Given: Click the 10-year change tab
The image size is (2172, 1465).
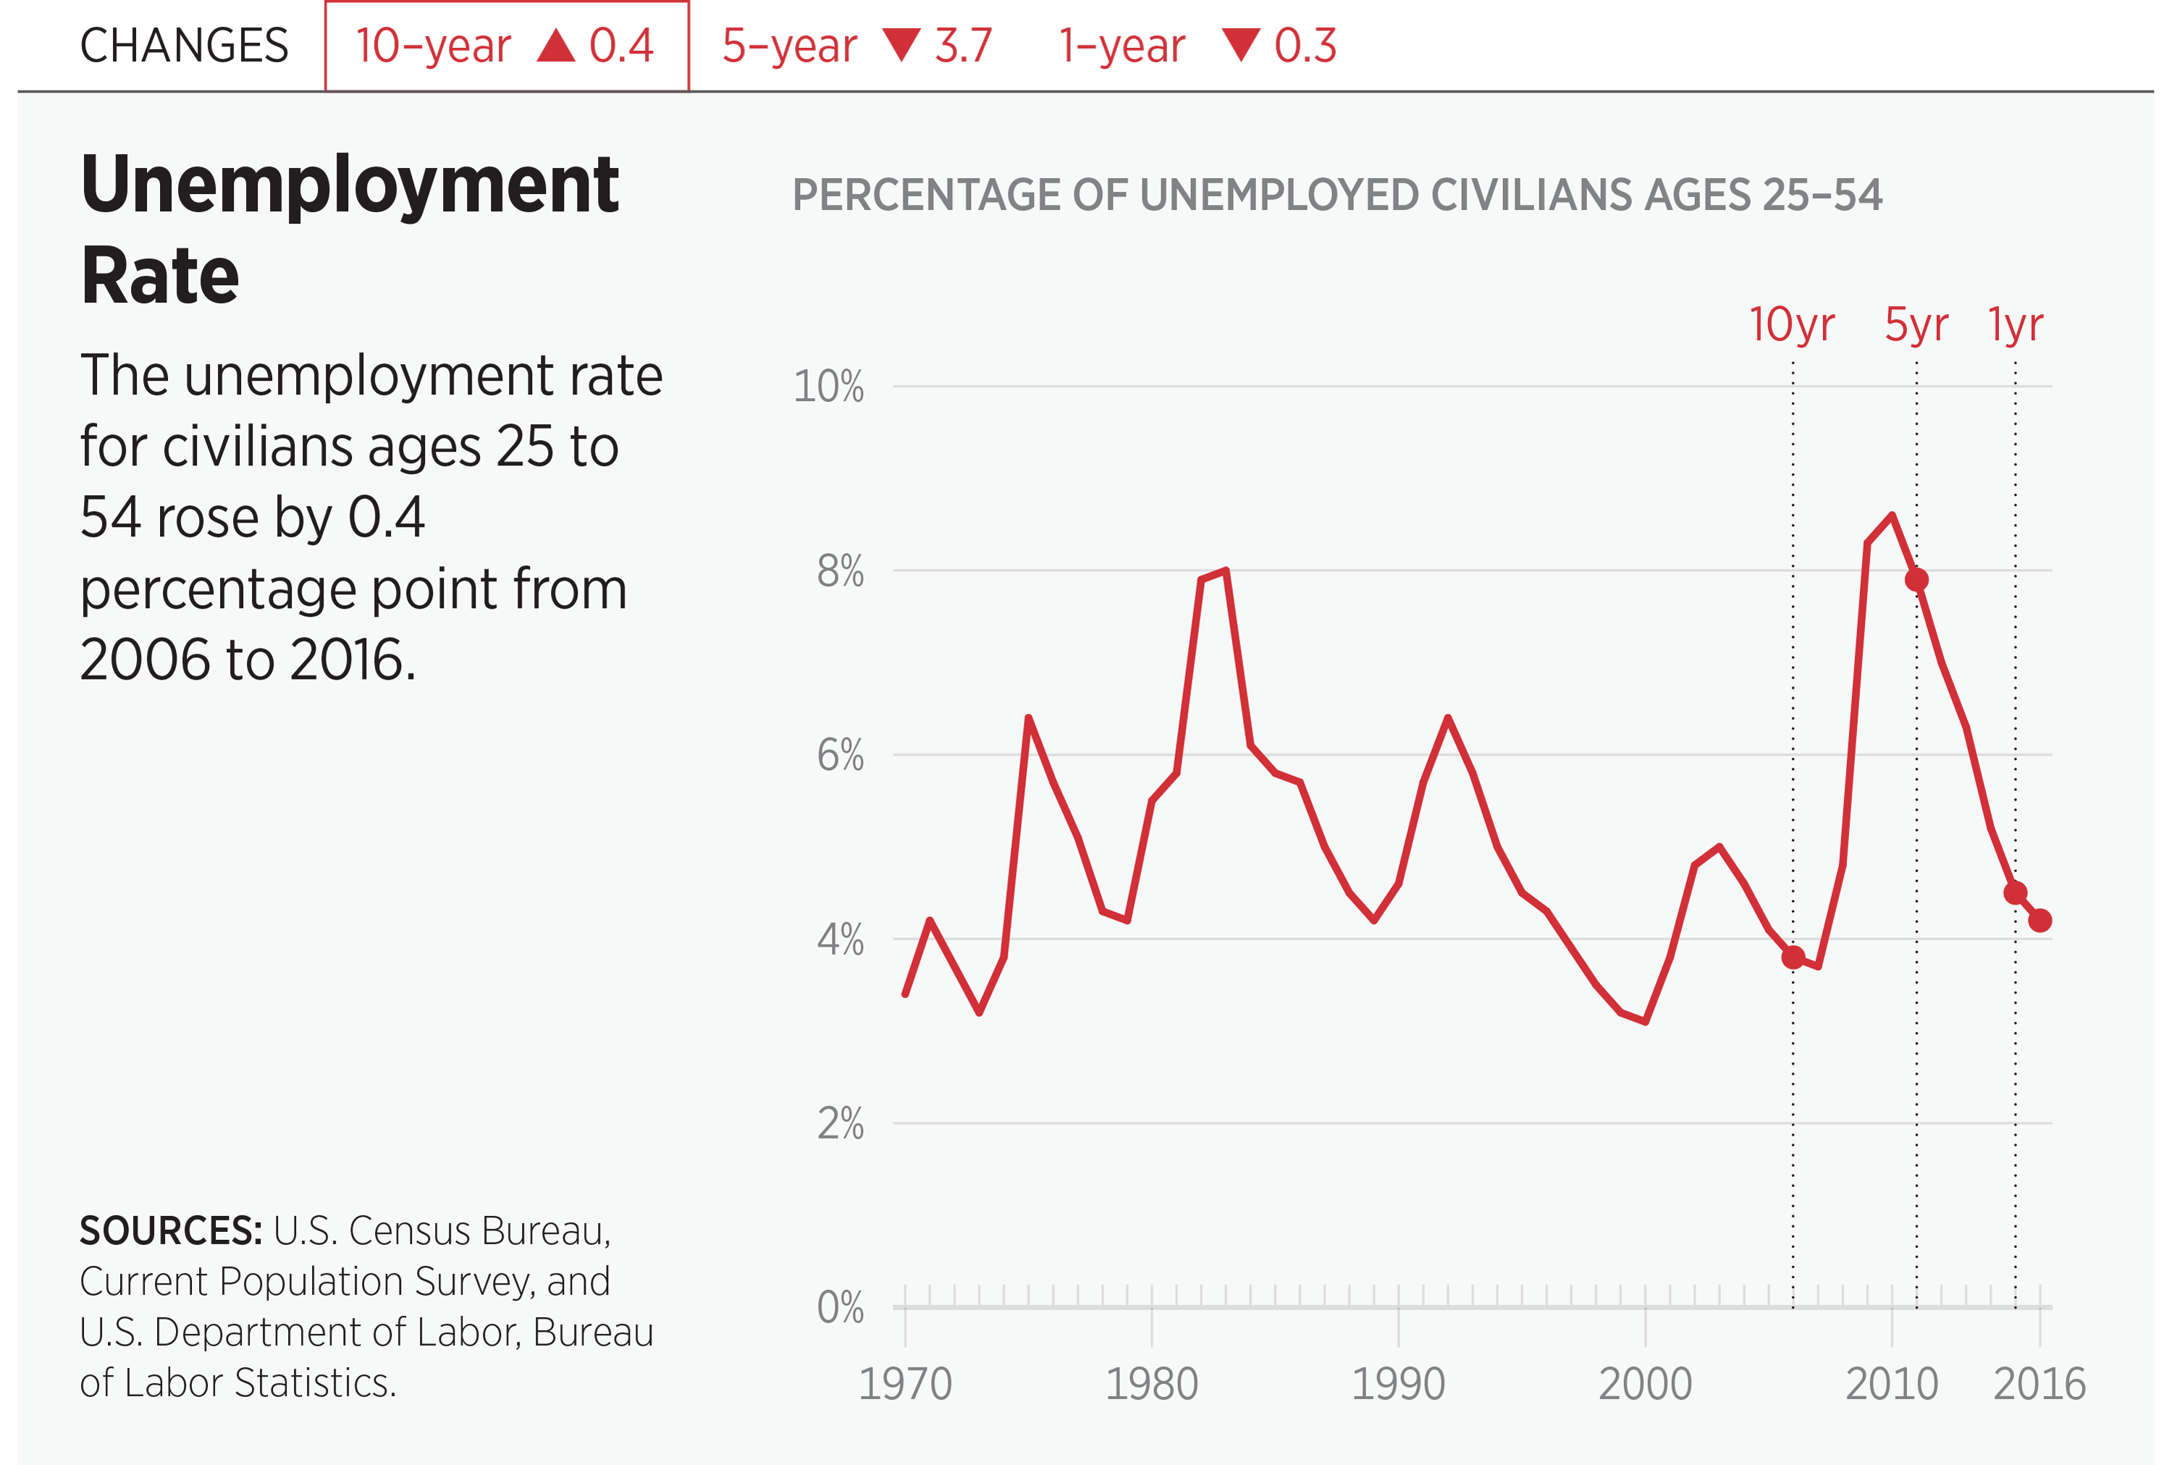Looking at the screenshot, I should tap(505, 46).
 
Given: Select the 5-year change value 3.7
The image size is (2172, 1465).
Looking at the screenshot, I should tap(963, 46).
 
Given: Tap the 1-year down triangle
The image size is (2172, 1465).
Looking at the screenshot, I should tap(1240, 45).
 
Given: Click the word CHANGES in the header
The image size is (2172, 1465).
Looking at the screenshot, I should tap(184, 46).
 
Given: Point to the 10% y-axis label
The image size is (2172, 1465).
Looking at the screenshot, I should tap(828, 386).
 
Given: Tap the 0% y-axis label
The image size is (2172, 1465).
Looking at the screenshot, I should tap(839, 1307).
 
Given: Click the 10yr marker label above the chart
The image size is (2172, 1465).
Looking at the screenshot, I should tap(1792, 325).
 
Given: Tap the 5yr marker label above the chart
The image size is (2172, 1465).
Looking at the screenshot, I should tap(1916, 325).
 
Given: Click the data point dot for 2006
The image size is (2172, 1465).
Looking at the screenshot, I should tap(1793, 957).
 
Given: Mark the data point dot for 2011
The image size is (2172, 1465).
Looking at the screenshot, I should tap(1916, 579).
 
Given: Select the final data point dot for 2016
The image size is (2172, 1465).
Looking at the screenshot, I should tap(2040, 920).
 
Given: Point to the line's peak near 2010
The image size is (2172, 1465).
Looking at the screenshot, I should tap(1892, 516).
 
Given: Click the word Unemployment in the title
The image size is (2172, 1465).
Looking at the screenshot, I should tap(350, 185).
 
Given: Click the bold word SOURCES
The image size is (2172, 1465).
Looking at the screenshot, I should tap(170, 1231).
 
